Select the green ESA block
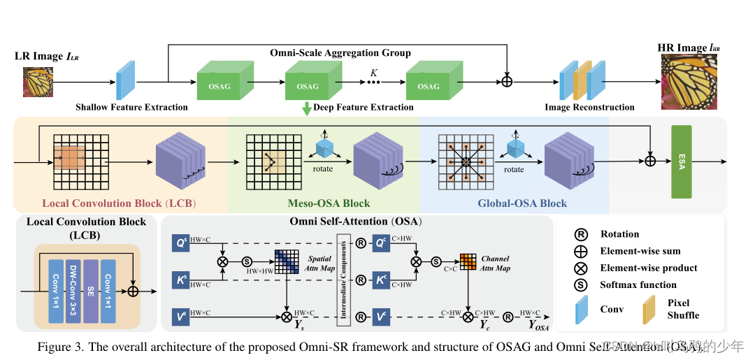point(681,161)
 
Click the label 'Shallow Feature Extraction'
point(131,107)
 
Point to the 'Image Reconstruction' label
point(589,107)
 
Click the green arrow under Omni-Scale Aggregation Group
point(306,109)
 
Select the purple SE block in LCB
point(91,290)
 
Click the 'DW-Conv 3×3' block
point(73,290)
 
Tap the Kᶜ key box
point(382,280)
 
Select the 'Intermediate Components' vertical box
point(343,280)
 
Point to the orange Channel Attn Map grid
point(468,261)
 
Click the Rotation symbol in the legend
point(580,234)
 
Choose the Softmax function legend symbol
point(580,285)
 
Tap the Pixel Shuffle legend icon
point(647,308)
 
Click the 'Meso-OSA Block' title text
point(329,203)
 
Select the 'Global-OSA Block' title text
point(522,203)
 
